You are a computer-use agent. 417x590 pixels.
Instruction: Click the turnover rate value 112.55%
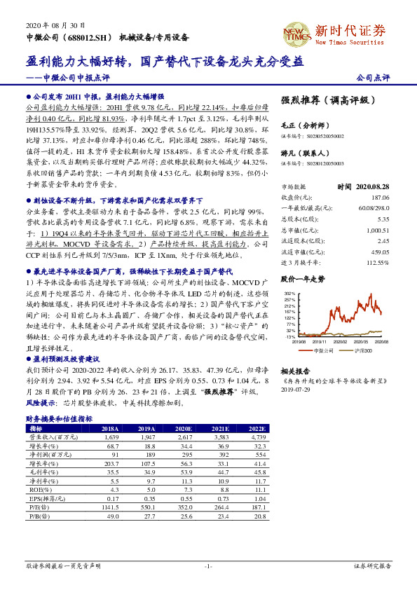coord(377,262)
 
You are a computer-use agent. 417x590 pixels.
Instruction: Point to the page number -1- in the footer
coord(207,565)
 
